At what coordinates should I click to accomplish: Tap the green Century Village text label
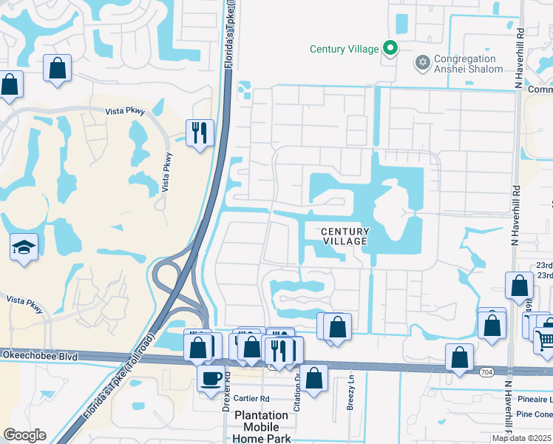point(338,50)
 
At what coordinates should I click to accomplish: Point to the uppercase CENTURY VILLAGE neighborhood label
point(345,237)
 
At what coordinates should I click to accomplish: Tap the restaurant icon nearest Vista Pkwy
point(200,133)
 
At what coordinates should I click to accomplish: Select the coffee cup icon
point(211,378)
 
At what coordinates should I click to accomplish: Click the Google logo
point(24,435)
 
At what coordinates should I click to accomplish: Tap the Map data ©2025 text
point(521,438)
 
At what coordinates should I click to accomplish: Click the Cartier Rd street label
point(251,398)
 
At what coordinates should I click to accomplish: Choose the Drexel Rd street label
point(228,385)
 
